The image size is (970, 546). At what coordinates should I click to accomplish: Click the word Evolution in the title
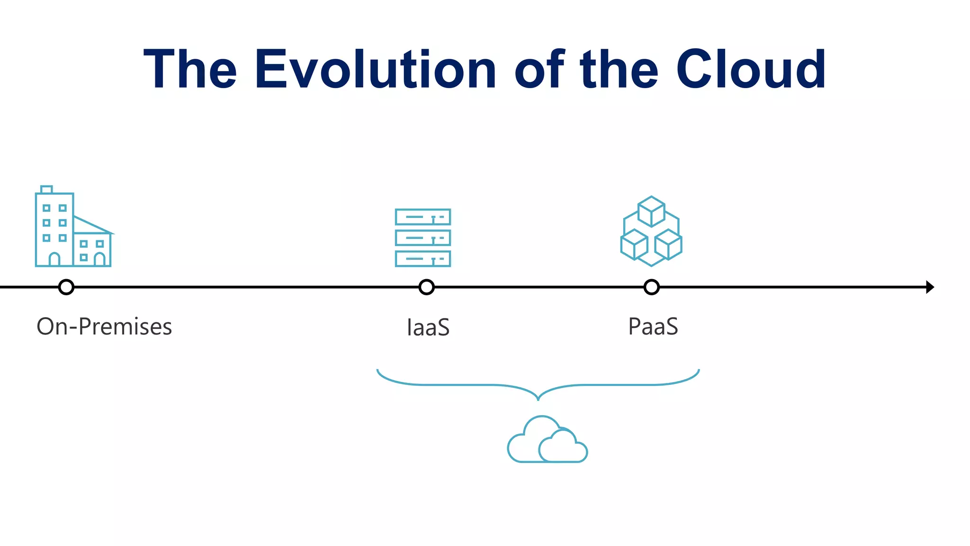375,69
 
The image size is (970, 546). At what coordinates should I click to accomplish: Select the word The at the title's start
190,69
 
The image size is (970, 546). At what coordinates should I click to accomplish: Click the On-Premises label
104,327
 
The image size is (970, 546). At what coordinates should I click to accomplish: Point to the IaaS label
428,328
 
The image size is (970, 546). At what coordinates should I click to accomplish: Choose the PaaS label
653,327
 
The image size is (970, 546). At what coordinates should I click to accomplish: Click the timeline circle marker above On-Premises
66,287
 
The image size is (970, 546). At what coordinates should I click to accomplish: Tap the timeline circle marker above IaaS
427,287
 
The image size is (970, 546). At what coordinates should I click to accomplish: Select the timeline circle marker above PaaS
652,287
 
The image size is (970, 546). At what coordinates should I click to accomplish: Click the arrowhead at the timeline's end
929,287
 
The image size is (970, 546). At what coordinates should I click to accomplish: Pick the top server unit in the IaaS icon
423,217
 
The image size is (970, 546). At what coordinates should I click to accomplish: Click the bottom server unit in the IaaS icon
423,259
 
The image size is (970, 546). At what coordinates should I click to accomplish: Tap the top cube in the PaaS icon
651,211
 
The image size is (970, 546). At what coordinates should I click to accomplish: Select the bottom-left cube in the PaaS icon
634,245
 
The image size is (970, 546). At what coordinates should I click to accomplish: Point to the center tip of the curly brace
538,398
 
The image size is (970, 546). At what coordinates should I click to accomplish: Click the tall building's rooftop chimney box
46,190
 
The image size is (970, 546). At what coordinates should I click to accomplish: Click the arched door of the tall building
54,259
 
